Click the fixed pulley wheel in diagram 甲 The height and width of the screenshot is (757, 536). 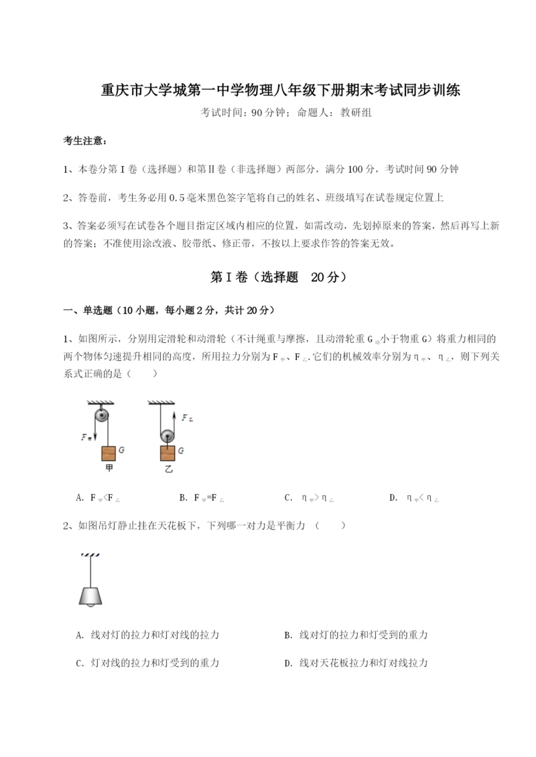pos(100,415)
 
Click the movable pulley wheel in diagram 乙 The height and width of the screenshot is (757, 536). pos(167,437)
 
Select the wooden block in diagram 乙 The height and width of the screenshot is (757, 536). pos(167,452)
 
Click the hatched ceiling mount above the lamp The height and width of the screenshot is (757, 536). pos(88,555)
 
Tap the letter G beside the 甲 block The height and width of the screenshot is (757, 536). pos(121,450)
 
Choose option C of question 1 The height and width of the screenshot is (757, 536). pos(309,497)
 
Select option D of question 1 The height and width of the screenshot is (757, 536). pos(413,497)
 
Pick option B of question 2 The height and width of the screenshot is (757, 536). pos(356,635)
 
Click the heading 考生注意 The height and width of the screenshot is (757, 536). pos(84,141)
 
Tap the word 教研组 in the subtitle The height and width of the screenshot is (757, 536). pos(355,112)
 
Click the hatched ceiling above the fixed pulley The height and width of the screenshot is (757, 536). pos(100,402)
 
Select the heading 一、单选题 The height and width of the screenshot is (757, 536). pos(86,310)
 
